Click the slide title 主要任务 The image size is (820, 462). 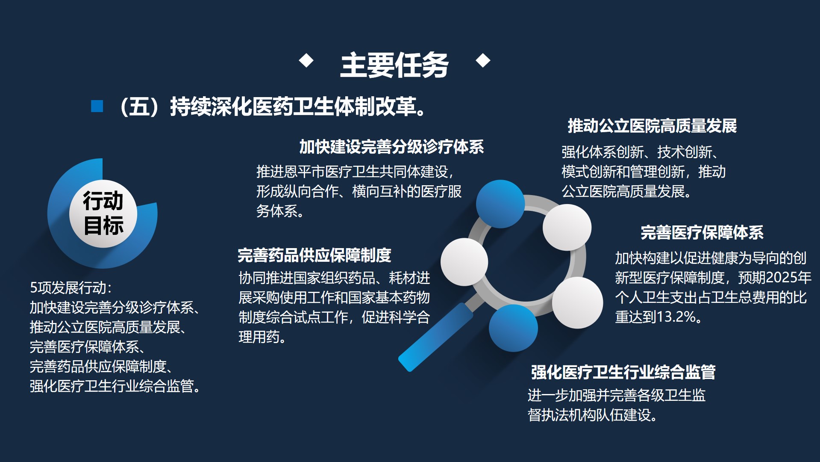tap(394, 65)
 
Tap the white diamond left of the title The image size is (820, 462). tap(306, 60)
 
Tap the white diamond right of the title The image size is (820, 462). tap(483, 60)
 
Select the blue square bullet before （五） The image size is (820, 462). tap(97, 106)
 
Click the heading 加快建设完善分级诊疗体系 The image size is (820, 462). tap(391, 147)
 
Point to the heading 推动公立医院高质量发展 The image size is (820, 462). tap(652, 126)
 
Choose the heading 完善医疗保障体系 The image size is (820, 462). tap(702, 232)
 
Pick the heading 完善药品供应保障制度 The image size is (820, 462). tap(314, 255)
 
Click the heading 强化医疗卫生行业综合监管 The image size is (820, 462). tap(623, 372)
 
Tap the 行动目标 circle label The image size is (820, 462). tap(103, 213)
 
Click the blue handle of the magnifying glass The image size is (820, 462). tap(434, 338)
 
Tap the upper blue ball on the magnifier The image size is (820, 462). tap(500, 204)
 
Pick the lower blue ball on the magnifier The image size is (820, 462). tap(513, 328)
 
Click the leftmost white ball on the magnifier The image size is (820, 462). tap(464, 262)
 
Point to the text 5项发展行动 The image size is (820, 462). tap(71, 288)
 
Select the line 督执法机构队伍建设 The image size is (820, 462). tap(592, 415)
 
